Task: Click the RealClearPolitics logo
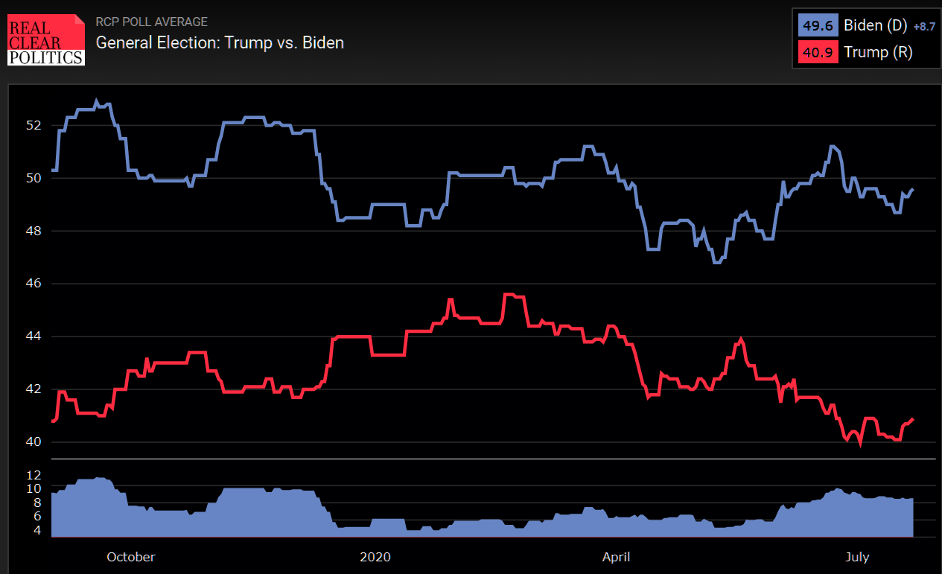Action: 46,39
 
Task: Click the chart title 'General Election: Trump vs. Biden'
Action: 220,42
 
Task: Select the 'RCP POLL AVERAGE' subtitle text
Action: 152,22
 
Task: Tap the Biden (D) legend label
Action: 875,25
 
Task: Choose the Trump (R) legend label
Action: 878,52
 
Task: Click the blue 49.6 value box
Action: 818,25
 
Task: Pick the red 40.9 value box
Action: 818,52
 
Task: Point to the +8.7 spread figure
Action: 924,26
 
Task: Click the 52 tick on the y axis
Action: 34,125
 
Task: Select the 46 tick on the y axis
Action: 34,284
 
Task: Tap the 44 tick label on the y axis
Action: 34,337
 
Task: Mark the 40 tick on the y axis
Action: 34,442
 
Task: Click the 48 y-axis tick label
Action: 34,231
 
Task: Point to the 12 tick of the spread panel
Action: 34,475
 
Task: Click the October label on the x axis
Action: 131,557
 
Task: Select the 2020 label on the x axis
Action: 375,557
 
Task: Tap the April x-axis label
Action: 616,557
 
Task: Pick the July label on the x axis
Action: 857,557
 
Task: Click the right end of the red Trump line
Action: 913,419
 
